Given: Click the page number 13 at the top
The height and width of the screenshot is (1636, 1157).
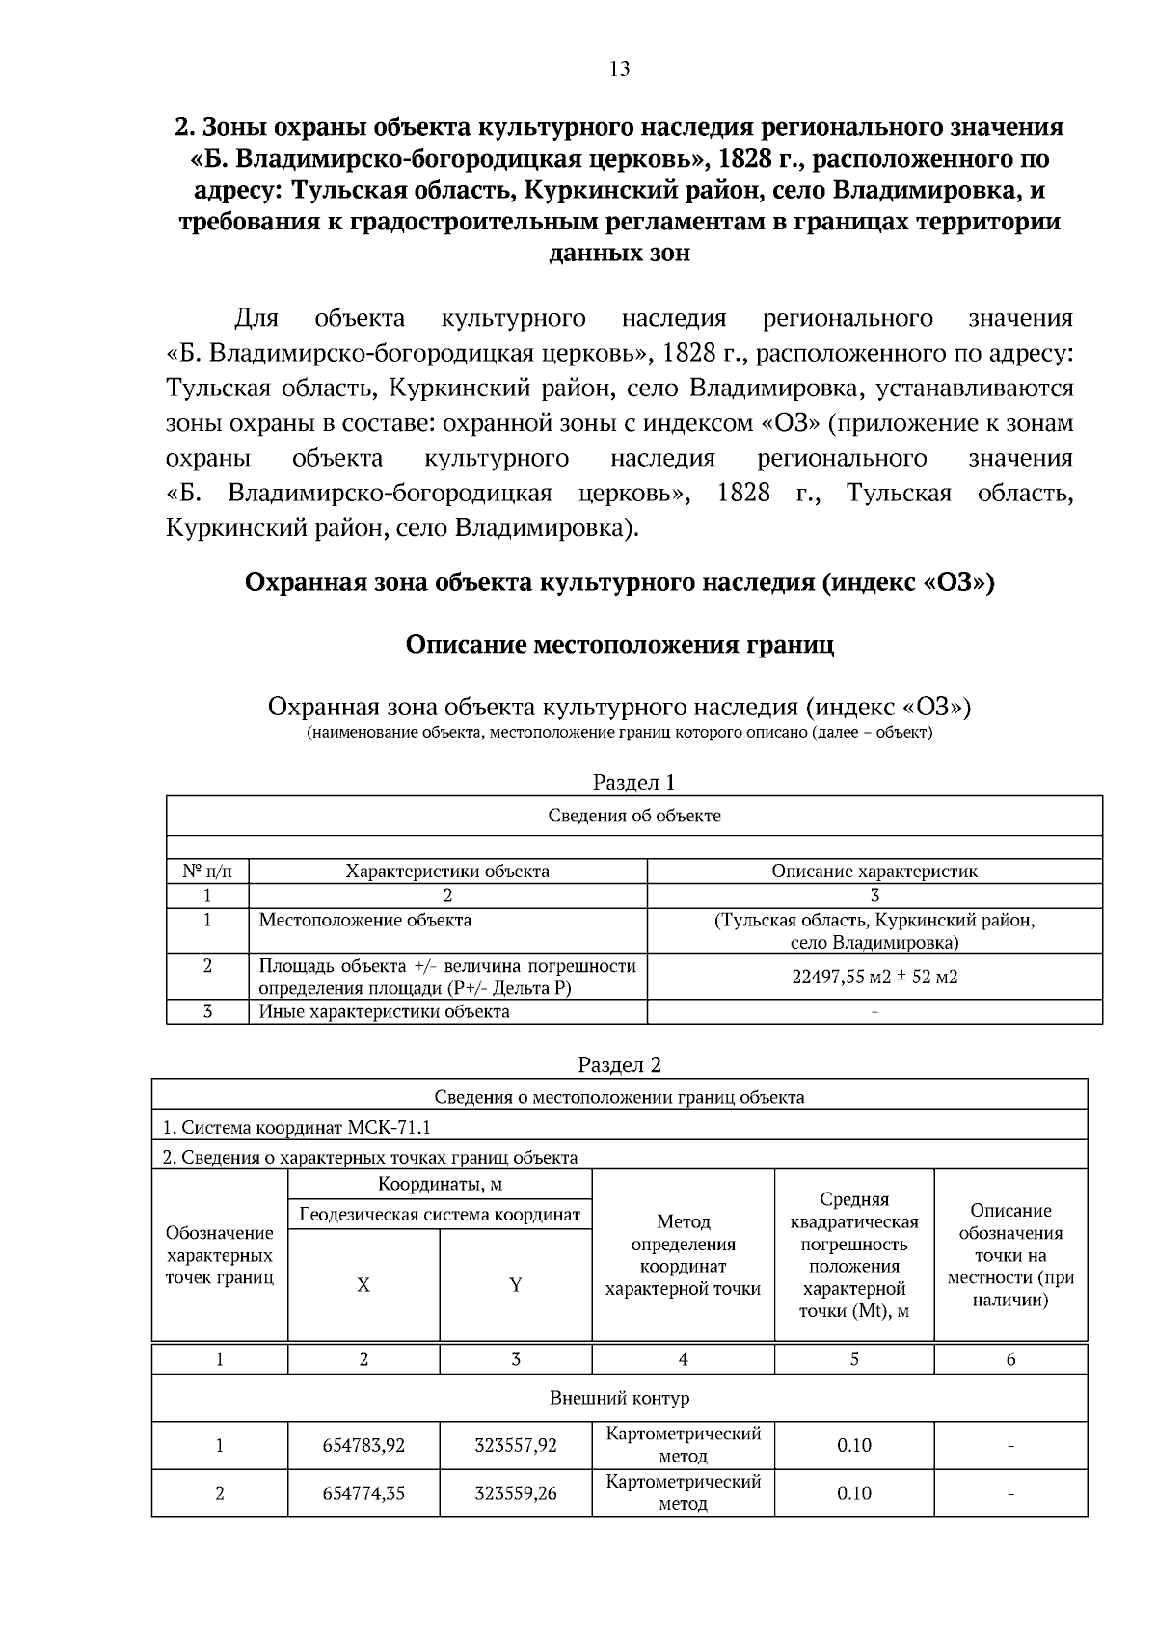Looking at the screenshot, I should tap(619, 68).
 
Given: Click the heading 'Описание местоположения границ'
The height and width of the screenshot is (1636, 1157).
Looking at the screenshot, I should tap(619, 644).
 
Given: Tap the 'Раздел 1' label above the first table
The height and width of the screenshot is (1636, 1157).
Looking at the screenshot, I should tap(633, 782).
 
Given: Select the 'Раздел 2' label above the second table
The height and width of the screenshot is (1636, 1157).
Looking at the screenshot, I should tap(619, 1064).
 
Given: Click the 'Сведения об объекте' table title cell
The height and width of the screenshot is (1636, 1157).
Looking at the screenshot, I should tap(634, 816).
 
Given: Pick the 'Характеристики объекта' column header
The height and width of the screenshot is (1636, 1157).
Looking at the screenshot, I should tap(447, 872).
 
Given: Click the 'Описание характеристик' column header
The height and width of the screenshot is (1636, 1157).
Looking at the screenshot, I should tap(874, 872).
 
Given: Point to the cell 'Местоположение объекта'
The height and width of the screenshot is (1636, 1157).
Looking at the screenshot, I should tap(365, 920).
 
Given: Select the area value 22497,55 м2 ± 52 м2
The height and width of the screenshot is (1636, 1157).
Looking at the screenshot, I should tap(874, 977).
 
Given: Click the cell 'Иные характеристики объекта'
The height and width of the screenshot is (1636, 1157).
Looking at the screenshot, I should tap(384, 1011).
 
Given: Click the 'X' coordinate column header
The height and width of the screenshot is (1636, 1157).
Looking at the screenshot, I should tap(363, 1285).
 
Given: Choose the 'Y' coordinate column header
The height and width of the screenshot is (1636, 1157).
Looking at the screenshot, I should tap(516, 1285).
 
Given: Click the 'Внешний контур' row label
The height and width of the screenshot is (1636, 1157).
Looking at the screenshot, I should tap(619, 1398).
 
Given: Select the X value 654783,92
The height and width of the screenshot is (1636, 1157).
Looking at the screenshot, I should tap(363, 1445).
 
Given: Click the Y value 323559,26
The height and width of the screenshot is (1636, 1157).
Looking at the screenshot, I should tap(516, 1493).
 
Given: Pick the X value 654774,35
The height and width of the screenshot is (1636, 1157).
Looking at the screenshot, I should tap(363, 1493).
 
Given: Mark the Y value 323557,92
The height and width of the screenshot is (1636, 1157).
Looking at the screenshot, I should tap(516, 1445).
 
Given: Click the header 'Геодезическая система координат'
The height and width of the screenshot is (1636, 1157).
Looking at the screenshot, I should tap(440, 1215).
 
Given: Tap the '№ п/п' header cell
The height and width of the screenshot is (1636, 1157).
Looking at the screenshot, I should tap(206, 872).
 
